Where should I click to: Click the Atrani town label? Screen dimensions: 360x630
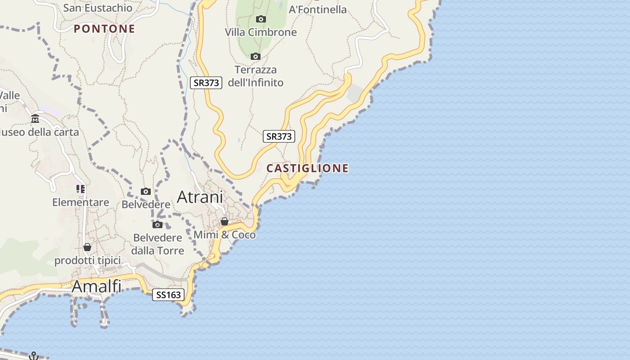point(200,197)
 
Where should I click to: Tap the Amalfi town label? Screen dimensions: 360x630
point(97,286)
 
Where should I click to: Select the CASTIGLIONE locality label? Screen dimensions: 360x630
point(307,168)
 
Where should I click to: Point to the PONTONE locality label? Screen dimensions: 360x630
point(104,29)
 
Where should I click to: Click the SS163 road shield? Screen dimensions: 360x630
point(168,295)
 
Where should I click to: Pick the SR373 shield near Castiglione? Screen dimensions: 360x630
point(279,136)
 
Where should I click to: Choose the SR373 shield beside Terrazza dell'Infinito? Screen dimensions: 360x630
point(206,83)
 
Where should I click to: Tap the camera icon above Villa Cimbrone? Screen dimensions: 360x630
point(261,19)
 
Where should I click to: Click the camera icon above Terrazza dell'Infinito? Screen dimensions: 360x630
point(256,56)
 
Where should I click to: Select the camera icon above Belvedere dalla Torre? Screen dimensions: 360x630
point(157,225)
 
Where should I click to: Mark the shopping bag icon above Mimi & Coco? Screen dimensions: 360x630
point(224,221)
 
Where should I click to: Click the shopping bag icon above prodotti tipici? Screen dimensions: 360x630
point(87,247)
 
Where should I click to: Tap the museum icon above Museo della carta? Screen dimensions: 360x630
point(35,119)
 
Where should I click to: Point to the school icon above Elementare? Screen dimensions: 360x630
point(81,189)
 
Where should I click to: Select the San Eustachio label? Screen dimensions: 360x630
point(98,8)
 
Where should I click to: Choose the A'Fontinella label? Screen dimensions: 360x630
point(318,9)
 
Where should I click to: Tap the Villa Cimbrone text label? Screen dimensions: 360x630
point(261,32)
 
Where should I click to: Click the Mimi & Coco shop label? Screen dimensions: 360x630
point(225,234)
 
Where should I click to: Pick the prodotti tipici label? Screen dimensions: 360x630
point(87,261)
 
